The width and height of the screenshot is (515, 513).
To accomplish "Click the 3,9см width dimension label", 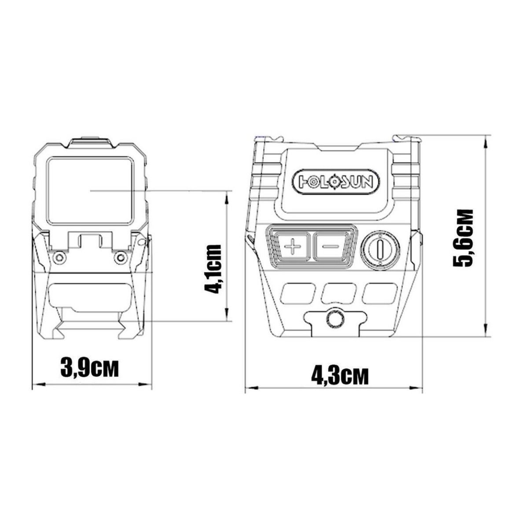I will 89,367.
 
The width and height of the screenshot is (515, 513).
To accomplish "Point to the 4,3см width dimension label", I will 339,375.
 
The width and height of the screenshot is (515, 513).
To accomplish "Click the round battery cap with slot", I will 380,248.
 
